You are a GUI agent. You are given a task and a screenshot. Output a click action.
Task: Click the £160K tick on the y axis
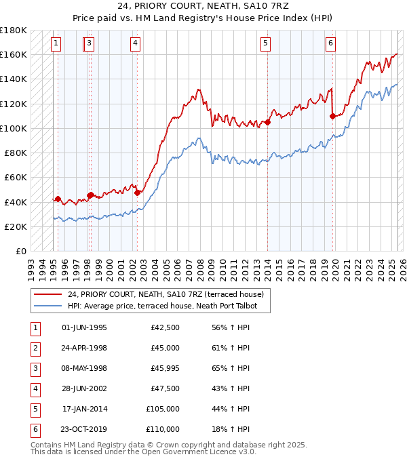pyautogui.click(x=14, y=54)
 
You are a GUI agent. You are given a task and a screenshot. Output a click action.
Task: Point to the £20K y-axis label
pyautogui.click(x=16, y=226)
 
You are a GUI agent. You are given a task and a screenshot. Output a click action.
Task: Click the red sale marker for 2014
pyautogui.click(x=268, y=123)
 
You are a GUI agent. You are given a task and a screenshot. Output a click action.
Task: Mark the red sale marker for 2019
pyautogui.click(x=332, y=116)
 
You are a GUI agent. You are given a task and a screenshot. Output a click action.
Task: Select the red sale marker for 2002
pyautogui.click(x=137, y=193)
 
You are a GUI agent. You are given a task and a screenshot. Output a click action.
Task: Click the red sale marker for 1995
pyautogui.click(x=58, y=199)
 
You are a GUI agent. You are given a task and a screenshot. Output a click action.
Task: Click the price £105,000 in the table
pyautogui.click(x=163, y=409)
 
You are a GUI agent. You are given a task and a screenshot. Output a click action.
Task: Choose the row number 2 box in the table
pyautogui.click(x=35, y=348)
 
